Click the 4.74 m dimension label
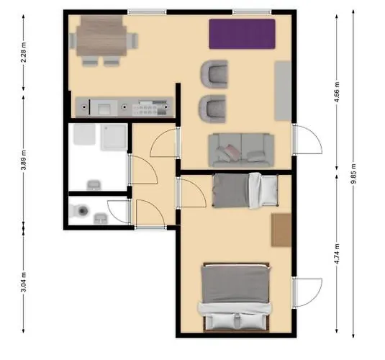pos(337,255)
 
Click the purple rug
pos(242,33)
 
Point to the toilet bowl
pos(81,212)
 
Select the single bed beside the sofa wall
pos(245,189)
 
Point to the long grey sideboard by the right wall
pos(283,91)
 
